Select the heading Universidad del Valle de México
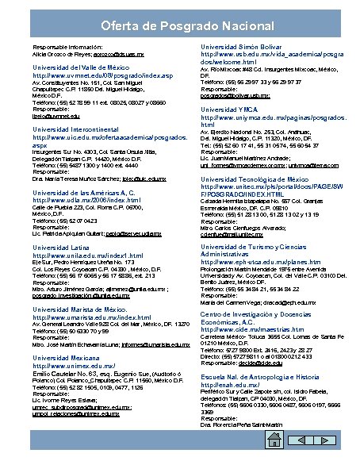80,67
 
